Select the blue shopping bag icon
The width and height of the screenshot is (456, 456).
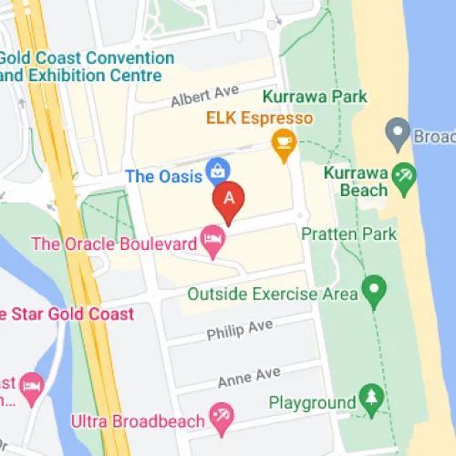[217, 169]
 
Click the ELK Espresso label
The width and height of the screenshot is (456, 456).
[259, 119]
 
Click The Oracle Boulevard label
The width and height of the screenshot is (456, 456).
[115, 244]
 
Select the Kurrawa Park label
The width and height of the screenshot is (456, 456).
[315, 96]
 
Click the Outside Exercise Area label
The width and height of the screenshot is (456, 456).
[272, 295]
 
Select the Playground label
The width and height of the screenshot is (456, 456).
[312, 402]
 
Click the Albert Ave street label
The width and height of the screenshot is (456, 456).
[204, 95]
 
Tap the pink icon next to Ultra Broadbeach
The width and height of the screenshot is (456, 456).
[222, 416]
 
